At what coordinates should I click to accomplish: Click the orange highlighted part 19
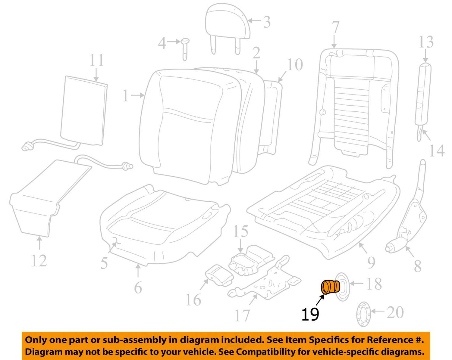pos(330,287)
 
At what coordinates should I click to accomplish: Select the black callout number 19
pos(310,314)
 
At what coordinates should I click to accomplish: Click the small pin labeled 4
pos(185,48)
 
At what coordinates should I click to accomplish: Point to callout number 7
pos(335,28)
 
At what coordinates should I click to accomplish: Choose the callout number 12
pos(39,261)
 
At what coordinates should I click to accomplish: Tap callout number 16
pos(193,299)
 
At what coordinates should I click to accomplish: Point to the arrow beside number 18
pos(356,283)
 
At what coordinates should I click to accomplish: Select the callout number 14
pos(437,151)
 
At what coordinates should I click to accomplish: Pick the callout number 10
pos(295,64)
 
